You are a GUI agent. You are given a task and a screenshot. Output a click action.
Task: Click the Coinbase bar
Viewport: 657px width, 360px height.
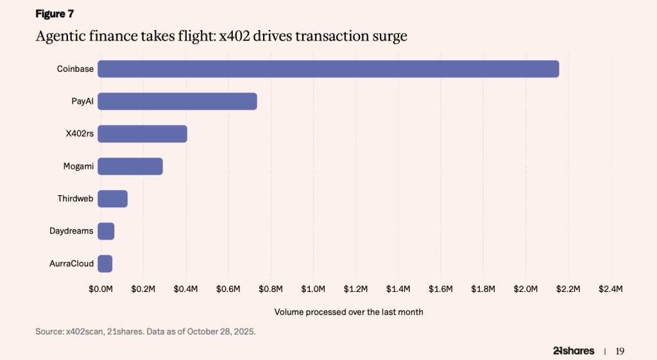pyautogui.click(x=328, y=69)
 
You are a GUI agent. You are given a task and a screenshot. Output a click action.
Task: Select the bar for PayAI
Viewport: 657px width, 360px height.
pyautogui.click(x=177, y=101)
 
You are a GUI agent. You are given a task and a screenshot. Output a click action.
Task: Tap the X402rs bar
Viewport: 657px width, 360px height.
pyautogui.click(x=142, y=133)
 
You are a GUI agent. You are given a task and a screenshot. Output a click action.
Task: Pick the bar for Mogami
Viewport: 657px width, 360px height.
pyautogui.click(x=130, y=166)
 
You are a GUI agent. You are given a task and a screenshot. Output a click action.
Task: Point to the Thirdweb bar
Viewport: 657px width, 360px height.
pyautogui.click(x=112, y=199)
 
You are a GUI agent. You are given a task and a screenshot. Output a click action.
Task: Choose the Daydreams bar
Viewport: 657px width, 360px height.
pyautogui.click(x=106, y=231)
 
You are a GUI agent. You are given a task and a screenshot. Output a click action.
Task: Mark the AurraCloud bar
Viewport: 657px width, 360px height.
pyautogui.click(x=105, y=264)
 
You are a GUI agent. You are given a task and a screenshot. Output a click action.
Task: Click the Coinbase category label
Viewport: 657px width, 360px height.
pyautogui.click(x=75, y=69)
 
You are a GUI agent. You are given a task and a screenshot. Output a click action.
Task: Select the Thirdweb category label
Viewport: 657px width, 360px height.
pyautogui.click(x=75, y=199)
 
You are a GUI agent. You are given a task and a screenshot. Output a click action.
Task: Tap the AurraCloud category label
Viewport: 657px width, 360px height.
pyautogui.click(x=71, y=264)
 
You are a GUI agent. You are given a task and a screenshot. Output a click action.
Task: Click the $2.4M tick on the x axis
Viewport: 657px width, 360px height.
pyautogui.click(x=610, y=289)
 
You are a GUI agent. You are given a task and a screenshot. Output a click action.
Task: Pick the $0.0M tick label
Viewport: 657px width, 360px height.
pyautogui.click(x=101, y=289)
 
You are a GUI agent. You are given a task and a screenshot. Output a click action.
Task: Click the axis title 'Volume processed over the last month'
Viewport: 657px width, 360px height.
pyautogui.click(x=348, y=312)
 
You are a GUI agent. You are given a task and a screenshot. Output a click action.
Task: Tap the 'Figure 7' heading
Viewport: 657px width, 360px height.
pyautogui.click(x=55, y=14)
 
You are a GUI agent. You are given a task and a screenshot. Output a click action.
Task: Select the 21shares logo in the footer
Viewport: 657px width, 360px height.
pyautogui.click(x=573, y=351)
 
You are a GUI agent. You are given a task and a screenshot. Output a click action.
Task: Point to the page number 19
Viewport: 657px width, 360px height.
pyautogui.click(x=620, y=351)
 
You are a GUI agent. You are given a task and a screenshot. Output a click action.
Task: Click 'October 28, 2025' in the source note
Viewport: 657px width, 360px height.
pyautogui.click(x=219, y=332)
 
